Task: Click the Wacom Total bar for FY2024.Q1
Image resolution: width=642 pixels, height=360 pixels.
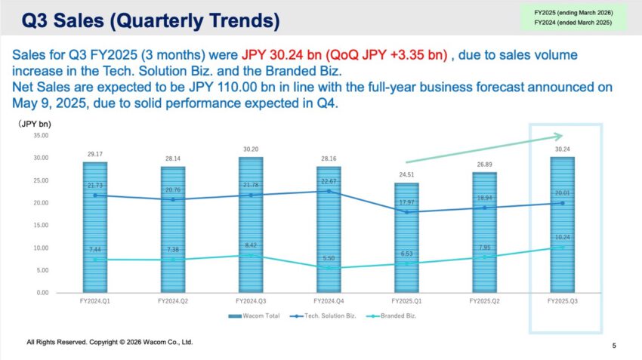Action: [x=94, y=226]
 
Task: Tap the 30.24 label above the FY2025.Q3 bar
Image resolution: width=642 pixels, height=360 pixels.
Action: [x=562, y=149]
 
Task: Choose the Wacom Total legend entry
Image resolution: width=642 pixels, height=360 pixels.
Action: [x=254, y=315]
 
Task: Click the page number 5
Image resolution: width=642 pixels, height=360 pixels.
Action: [x=613, y=346]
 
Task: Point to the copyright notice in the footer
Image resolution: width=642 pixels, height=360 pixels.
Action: [x=110, y=342]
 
